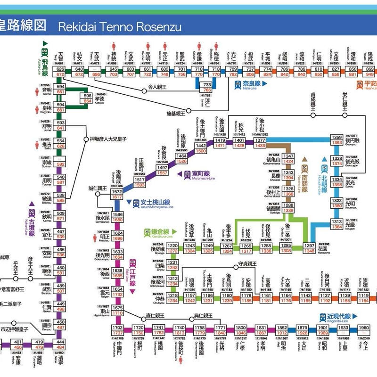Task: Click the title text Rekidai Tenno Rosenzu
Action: click(x=119, y=25)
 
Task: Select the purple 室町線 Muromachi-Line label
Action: click(x=198, y=175)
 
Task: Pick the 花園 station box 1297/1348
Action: click(x=309, y=248)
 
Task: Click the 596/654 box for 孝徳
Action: click(x=88, y=98)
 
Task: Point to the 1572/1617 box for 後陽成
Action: click(x=116, y=195)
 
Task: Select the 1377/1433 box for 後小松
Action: click(x=260, y=143)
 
